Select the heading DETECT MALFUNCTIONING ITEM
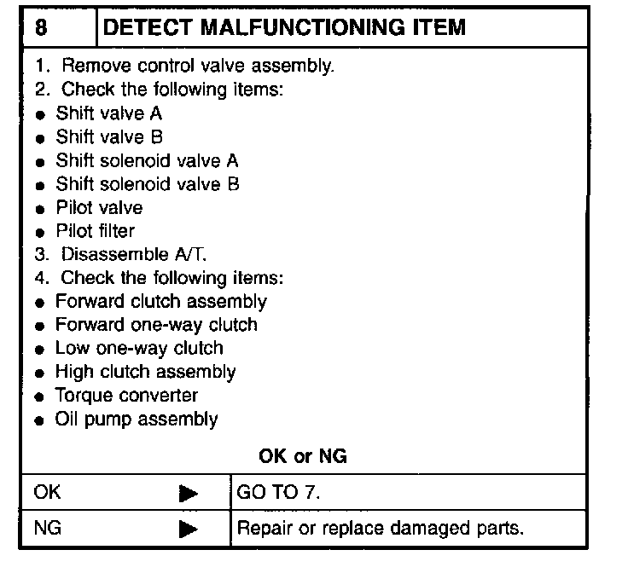284,27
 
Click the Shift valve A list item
108,113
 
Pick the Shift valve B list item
108,137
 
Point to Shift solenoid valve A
147,160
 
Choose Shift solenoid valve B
147,183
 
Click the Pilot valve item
99,207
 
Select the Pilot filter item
95,230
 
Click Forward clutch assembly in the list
160,301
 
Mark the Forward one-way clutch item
155,325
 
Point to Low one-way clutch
138,348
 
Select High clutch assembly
145,372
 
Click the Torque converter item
126,396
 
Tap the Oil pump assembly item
137,419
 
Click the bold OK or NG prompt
303,456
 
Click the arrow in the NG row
189,529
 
